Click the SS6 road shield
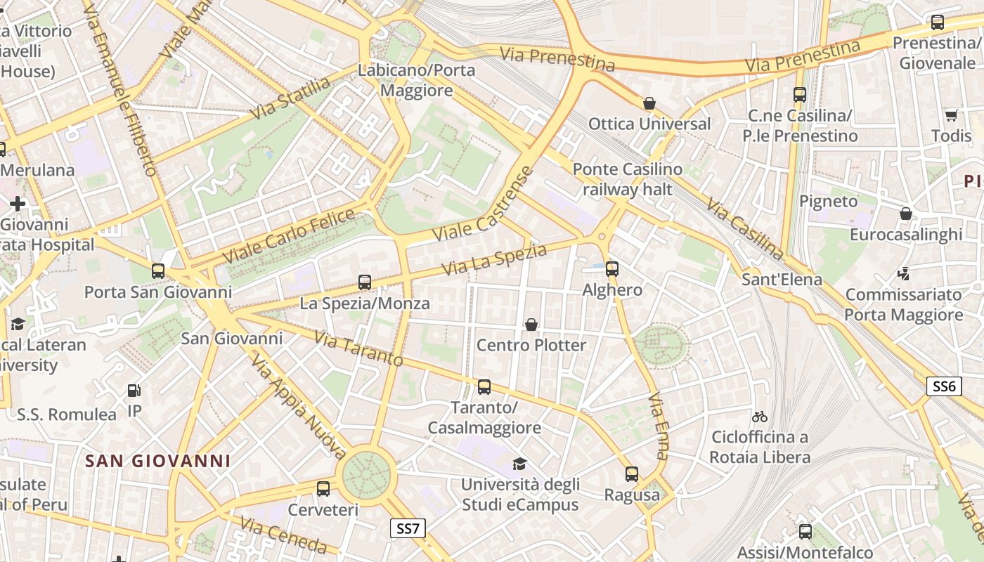[943, 386]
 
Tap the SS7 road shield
[408, 528]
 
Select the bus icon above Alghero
[612, 268]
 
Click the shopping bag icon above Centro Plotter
[531, 325]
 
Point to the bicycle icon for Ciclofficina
[759, 417]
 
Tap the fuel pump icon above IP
[134, 391]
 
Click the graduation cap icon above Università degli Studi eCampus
[519, 464]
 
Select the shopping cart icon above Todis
[951, 115]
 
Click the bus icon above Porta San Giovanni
[158, 271]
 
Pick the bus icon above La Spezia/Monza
[364, 282]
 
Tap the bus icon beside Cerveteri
[323, 489]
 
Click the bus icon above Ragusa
[632, 474]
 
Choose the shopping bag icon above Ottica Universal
[649, 104]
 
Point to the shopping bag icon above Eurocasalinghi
[906, 214]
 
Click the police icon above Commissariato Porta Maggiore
[904, 274]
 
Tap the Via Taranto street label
[358, 349]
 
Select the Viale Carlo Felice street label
[290, 237]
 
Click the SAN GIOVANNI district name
[157, 461]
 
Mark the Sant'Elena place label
[782, 280]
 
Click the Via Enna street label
[659, 426]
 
